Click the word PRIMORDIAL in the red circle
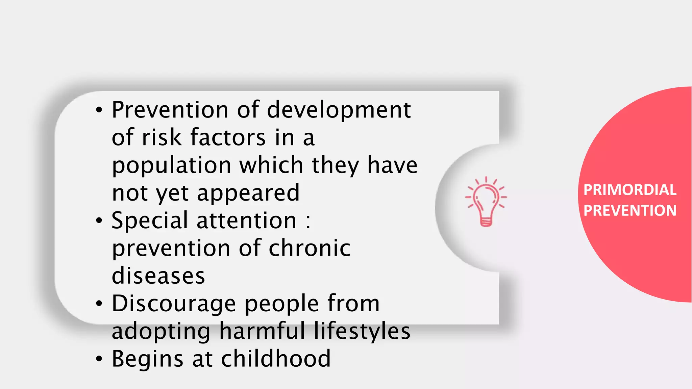(630, 190)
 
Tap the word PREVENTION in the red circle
(630, 210)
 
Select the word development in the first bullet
(339, 110)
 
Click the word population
(171, 165)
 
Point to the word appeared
(248, 193)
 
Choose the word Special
(150, 221)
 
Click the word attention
(246, 221)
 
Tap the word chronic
(310, 248)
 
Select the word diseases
(158, 276)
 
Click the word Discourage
(174, 304)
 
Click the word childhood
(276, 359)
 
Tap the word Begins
(148, 359)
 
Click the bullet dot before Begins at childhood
(99, 359)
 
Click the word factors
(228, 138)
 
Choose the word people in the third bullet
(281, 304)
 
